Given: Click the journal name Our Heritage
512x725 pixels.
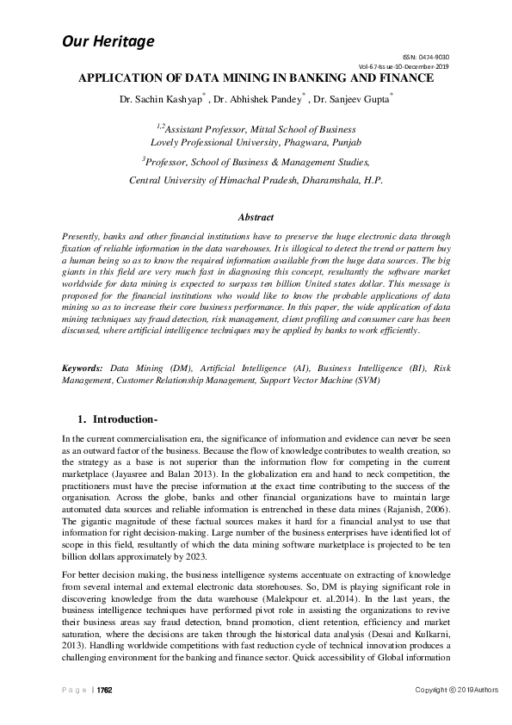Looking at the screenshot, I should (x=108, y=41).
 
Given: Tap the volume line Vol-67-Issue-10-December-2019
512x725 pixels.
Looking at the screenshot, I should (x=404, y=66).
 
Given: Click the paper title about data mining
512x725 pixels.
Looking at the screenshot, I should (x=256, y=78).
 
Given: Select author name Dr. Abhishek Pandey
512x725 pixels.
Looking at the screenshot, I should (x=256, y=100).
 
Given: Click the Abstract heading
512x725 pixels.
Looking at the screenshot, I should (x=256, y=218).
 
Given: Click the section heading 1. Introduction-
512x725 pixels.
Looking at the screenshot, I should (x=125, y=419).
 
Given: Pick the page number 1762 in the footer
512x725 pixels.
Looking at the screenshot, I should (x=104, y=691).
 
